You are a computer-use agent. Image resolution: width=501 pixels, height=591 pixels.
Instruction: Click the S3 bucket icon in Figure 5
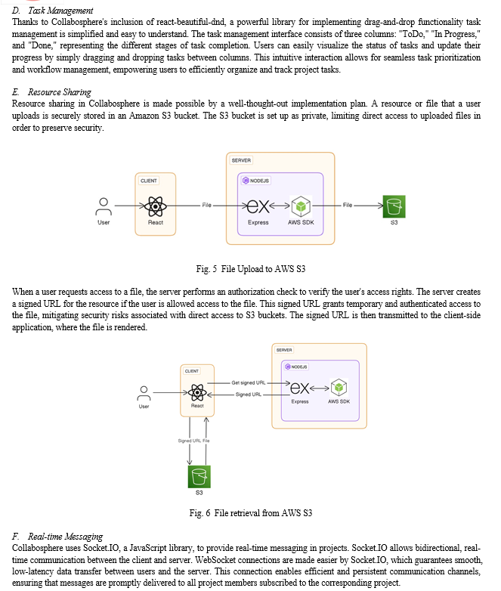tap(394, 206)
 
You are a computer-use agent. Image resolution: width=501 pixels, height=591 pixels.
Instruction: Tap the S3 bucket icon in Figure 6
tap(199, 476)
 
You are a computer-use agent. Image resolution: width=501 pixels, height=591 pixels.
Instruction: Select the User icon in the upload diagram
tap(104, 206)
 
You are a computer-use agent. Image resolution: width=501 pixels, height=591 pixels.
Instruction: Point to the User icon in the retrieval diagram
tap(144, 393)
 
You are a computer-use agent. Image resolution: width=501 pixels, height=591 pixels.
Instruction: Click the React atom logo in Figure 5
tap(156, 206)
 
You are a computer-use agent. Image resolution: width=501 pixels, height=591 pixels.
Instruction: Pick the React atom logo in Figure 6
tap(197, 392)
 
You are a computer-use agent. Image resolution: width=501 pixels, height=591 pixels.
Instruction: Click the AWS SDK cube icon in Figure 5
tap(301, 206)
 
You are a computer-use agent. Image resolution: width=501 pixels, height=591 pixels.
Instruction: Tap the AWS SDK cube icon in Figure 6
tap(339, 388)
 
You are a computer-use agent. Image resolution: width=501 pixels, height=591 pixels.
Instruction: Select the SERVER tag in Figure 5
tap(241, 160)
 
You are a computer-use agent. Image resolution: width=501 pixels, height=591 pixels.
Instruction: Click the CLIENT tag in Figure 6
tap(191, 371)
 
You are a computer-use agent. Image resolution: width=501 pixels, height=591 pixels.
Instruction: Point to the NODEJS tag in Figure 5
tap(256, 181)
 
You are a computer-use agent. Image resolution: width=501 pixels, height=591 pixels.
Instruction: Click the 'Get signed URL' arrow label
tap(249, 382)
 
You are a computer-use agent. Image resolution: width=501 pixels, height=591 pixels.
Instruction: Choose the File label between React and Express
tap(206, 205)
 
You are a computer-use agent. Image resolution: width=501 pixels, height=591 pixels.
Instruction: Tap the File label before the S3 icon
tap(348, 205)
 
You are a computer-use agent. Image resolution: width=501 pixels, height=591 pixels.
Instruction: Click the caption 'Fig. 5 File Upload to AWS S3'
tap(251, 269)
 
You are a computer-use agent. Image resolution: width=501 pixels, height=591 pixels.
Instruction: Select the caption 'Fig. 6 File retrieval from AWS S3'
tap(251, 513)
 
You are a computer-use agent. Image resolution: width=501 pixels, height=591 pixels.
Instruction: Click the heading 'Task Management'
tap(60, 11)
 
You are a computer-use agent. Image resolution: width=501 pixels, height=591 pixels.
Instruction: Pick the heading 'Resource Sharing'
tap(60, 92)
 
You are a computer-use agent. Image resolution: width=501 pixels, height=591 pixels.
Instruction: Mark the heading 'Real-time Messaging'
tap(65, 537)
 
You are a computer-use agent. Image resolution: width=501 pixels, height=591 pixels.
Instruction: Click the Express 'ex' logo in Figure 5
tap(258, 206)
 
